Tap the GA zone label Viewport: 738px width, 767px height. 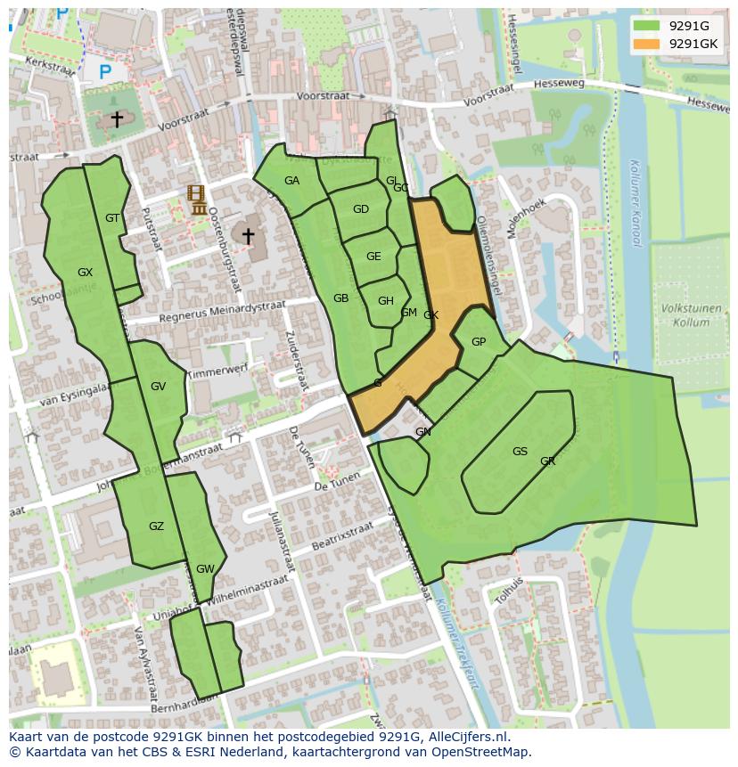pos(291,181)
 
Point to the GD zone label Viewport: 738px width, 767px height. pos(360,210)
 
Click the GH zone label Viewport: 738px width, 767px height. pos(385,301)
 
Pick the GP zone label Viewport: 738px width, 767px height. pos(479,342)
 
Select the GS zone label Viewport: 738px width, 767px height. pos(520,452)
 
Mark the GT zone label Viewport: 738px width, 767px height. pos(112,218)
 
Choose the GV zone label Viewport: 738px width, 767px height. pos(158,387)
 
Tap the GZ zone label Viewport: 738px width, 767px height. pos(156,526)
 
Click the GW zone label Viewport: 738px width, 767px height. pos(205,569)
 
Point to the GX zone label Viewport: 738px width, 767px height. pos(85,273)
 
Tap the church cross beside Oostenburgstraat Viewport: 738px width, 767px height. pos(248,236)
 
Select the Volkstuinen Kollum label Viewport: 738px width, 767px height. pos(691,316)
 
